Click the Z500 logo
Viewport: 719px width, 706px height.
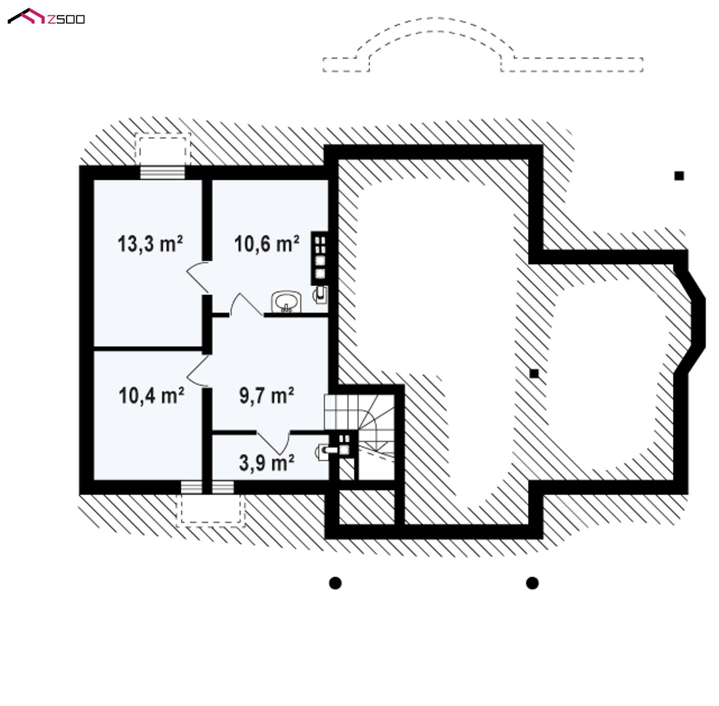click(x=46, y=16)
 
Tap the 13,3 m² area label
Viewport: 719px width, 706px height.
click(x=150, y=244)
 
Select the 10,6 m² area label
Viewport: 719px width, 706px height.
click(x=266, y=244)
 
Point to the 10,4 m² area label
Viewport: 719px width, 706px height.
click(x=151, y=396)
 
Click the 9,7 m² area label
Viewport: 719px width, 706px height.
click(x=266, y=396)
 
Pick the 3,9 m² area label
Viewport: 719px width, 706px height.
click(x=266, y=463)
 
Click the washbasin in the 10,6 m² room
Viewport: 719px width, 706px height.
click(x=286, y=301)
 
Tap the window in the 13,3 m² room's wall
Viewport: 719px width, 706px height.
click(x=162, y=172)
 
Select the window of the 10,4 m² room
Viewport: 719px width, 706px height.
click(x=192, y=487)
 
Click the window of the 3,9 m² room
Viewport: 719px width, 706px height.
click(x=223, y=487)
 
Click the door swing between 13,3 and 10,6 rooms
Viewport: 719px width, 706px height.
click(x=198, y=277)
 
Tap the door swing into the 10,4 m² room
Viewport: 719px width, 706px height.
click(x=198, y=370)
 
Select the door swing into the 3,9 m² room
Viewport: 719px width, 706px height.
click(x=274, y=443)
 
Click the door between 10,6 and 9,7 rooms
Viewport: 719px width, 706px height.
click(x=246, y=305)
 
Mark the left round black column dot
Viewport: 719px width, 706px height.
click(x=335, y=583)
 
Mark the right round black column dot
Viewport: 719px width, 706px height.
click(x=532, y=583)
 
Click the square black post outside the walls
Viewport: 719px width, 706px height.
click(x=679, y=175)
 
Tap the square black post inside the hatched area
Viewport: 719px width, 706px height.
click(x=534, y=373)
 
